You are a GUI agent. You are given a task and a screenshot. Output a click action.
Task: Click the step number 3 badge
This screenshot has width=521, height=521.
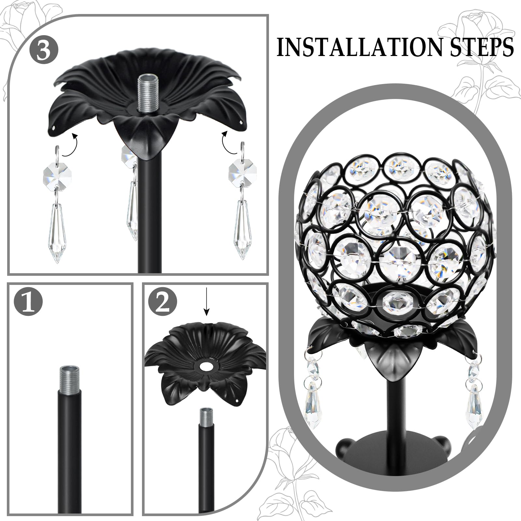(x=44, y=49)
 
